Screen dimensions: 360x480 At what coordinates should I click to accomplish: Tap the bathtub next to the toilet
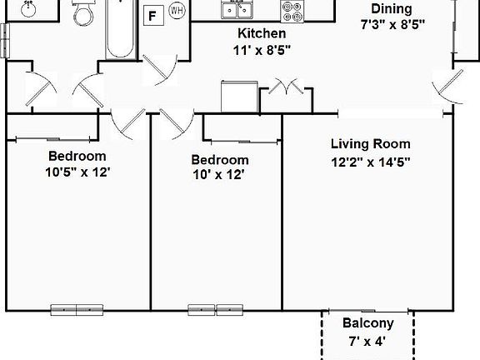coord(121,29)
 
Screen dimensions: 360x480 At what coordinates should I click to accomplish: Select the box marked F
coord(152,15)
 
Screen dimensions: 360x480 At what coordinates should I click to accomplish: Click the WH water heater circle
coord(177,11)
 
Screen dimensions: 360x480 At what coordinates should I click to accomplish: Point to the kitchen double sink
coord(237,9)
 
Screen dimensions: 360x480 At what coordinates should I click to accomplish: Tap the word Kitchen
coord(262,34)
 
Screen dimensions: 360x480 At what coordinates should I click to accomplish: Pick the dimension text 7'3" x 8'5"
coord(392,24)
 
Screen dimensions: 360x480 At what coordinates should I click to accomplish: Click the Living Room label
coord(371,143)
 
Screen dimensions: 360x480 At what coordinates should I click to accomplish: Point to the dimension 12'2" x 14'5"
coord(371,161)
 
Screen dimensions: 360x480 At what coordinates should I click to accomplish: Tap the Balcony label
coord(367,323)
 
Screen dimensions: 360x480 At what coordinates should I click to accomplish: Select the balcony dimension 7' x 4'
coord(367,340)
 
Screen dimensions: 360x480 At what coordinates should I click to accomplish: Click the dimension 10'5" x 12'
coord(77,172)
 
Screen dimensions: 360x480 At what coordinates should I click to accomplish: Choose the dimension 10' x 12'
coord(219,175)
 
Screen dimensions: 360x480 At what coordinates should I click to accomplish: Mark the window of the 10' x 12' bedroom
coord(214,309)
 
